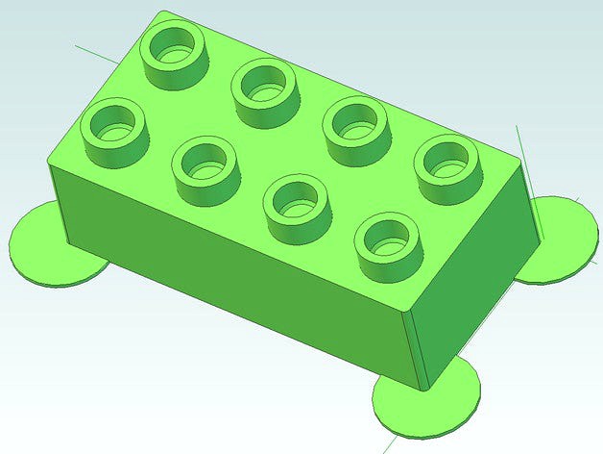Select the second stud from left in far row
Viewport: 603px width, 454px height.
(x=264, y=90)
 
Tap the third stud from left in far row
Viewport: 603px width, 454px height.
(x=354, y=128)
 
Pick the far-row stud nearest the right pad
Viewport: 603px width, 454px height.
(x=446, y=167)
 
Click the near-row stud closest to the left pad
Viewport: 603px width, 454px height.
(x=114, y=130)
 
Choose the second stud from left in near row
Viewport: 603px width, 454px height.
(x=205, y=167)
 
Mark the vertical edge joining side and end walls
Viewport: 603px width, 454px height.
(x=414, y=346)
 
